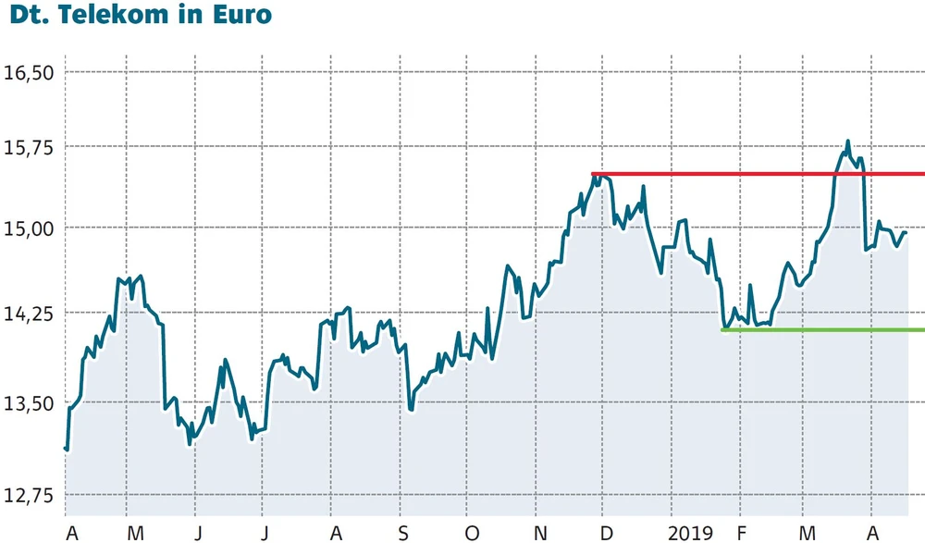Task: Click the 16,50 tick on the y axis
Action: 31,72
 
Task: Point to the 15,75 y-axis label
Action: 31,147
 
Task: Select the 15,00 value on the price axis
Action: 31,228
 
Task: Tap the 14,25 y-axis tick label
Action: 31,314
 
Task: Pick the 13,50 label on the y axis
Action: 31,403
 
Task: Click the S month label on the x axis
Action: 402,533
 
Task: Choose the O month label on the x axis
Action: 472,533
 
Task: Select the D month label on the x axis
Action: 607,533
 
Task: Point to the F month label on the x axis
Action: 741,533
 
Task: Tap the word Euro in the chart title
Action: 240,16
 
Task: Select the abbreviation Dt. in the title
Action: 31,16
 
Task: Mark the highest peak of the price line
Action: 847,142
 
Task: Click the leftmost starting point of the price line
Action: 66,449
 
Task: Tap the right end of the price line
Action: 906,232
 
